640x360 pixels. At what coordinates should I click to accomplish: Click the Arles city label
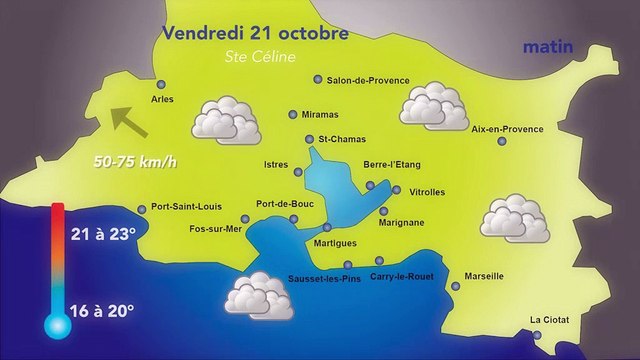(x=161, y=100)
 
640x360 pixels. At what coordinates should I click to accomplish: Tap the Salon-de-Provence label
(x=361, y=80)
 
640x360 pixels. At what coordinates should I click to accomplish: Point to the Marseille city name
(x=484, y=276)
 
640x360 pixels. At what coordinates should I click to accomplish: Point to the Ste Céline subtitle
(x=260, y=57)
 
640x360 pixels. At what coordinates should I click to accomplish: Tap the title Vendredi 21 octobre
(x=255, y=33)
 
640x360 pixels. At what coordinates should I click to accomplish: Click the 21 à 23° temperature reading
(x=102, y=234)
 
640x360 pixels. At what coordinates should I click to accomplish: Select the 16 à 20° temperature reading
(x=102, y=311)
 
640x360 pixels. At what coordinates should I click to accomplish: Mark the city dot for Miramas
(x=292, y=114)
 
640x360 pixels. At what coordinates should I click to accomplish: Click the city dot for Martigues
(x=326, y=227)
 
